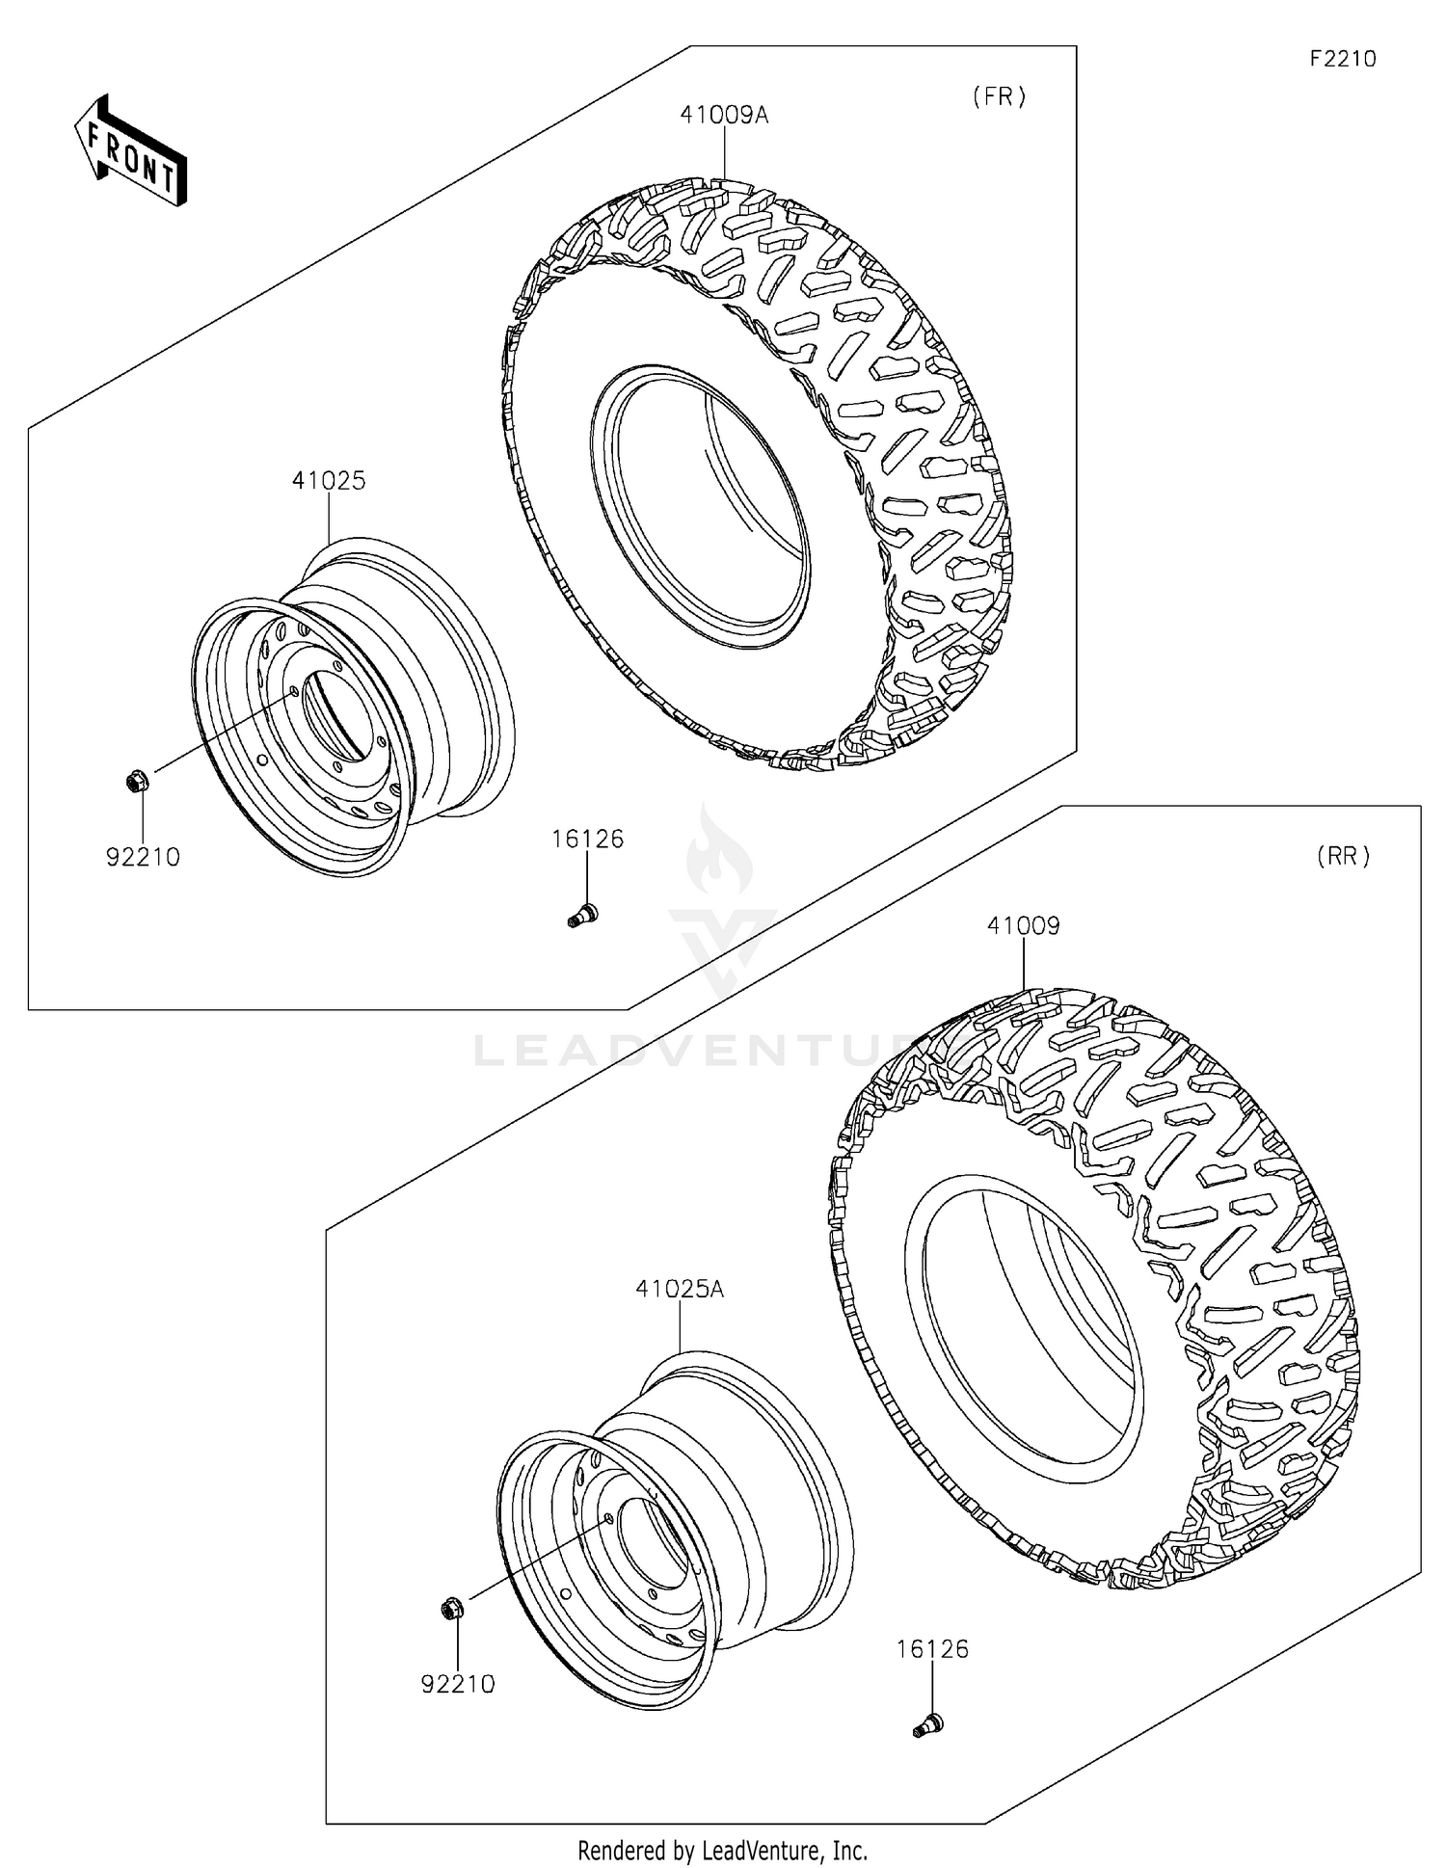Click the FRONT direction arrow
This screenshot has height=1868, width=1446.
(x=131, y=151)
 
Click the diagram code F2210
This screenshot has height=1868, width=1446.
(x=1342, y=59)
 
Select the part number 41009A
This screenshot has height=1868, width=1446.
(x=724, y=115)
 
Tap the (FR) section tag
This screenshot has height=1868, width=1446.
(x=999, y=96)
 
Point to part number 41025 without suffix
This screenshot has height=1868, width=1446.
(x=329, y=480)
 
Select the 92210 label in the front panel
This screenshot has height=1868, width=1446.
(x=143, y=857)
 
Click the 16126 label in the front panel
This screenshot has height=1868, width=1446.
(x=587, y=839)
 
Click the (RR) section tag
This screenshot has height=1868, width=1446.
(x=1343, y=856)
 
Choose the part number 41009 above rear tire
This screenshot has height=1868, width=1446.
(x=1023, y=925)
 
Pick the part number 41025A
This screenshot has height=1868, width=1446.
(x=680, y=1289)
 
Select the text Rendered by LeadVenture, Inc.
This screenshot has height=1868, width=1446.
(x=722, y=1850)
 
